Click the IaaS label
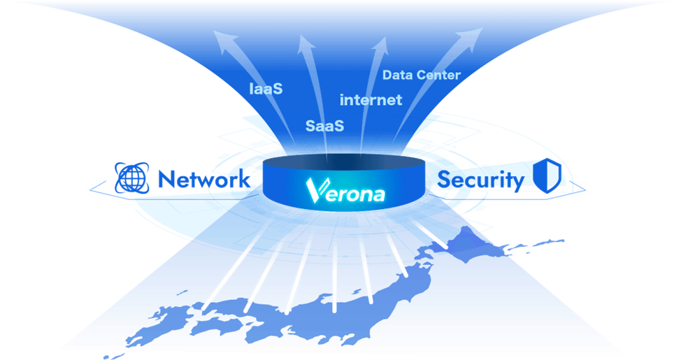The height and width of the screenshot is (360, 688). click(266, 89)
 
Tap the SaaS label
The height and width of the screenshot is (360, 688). click(325, 126)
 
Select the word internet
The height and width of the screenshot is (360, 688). click(371, 100)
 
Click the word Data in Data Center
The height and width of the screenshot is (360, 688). click(399, 75)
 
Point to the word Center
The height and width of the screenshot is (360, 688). click(439, 75)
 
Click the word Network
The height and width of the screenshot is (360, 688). click(203, 179)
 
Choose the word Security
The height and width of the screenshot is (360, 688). click(480, 180)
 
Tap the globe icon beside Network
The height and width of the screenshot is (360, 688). click(131, 178)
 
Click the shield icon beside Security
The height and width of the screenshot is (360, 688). click(548, 178)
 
